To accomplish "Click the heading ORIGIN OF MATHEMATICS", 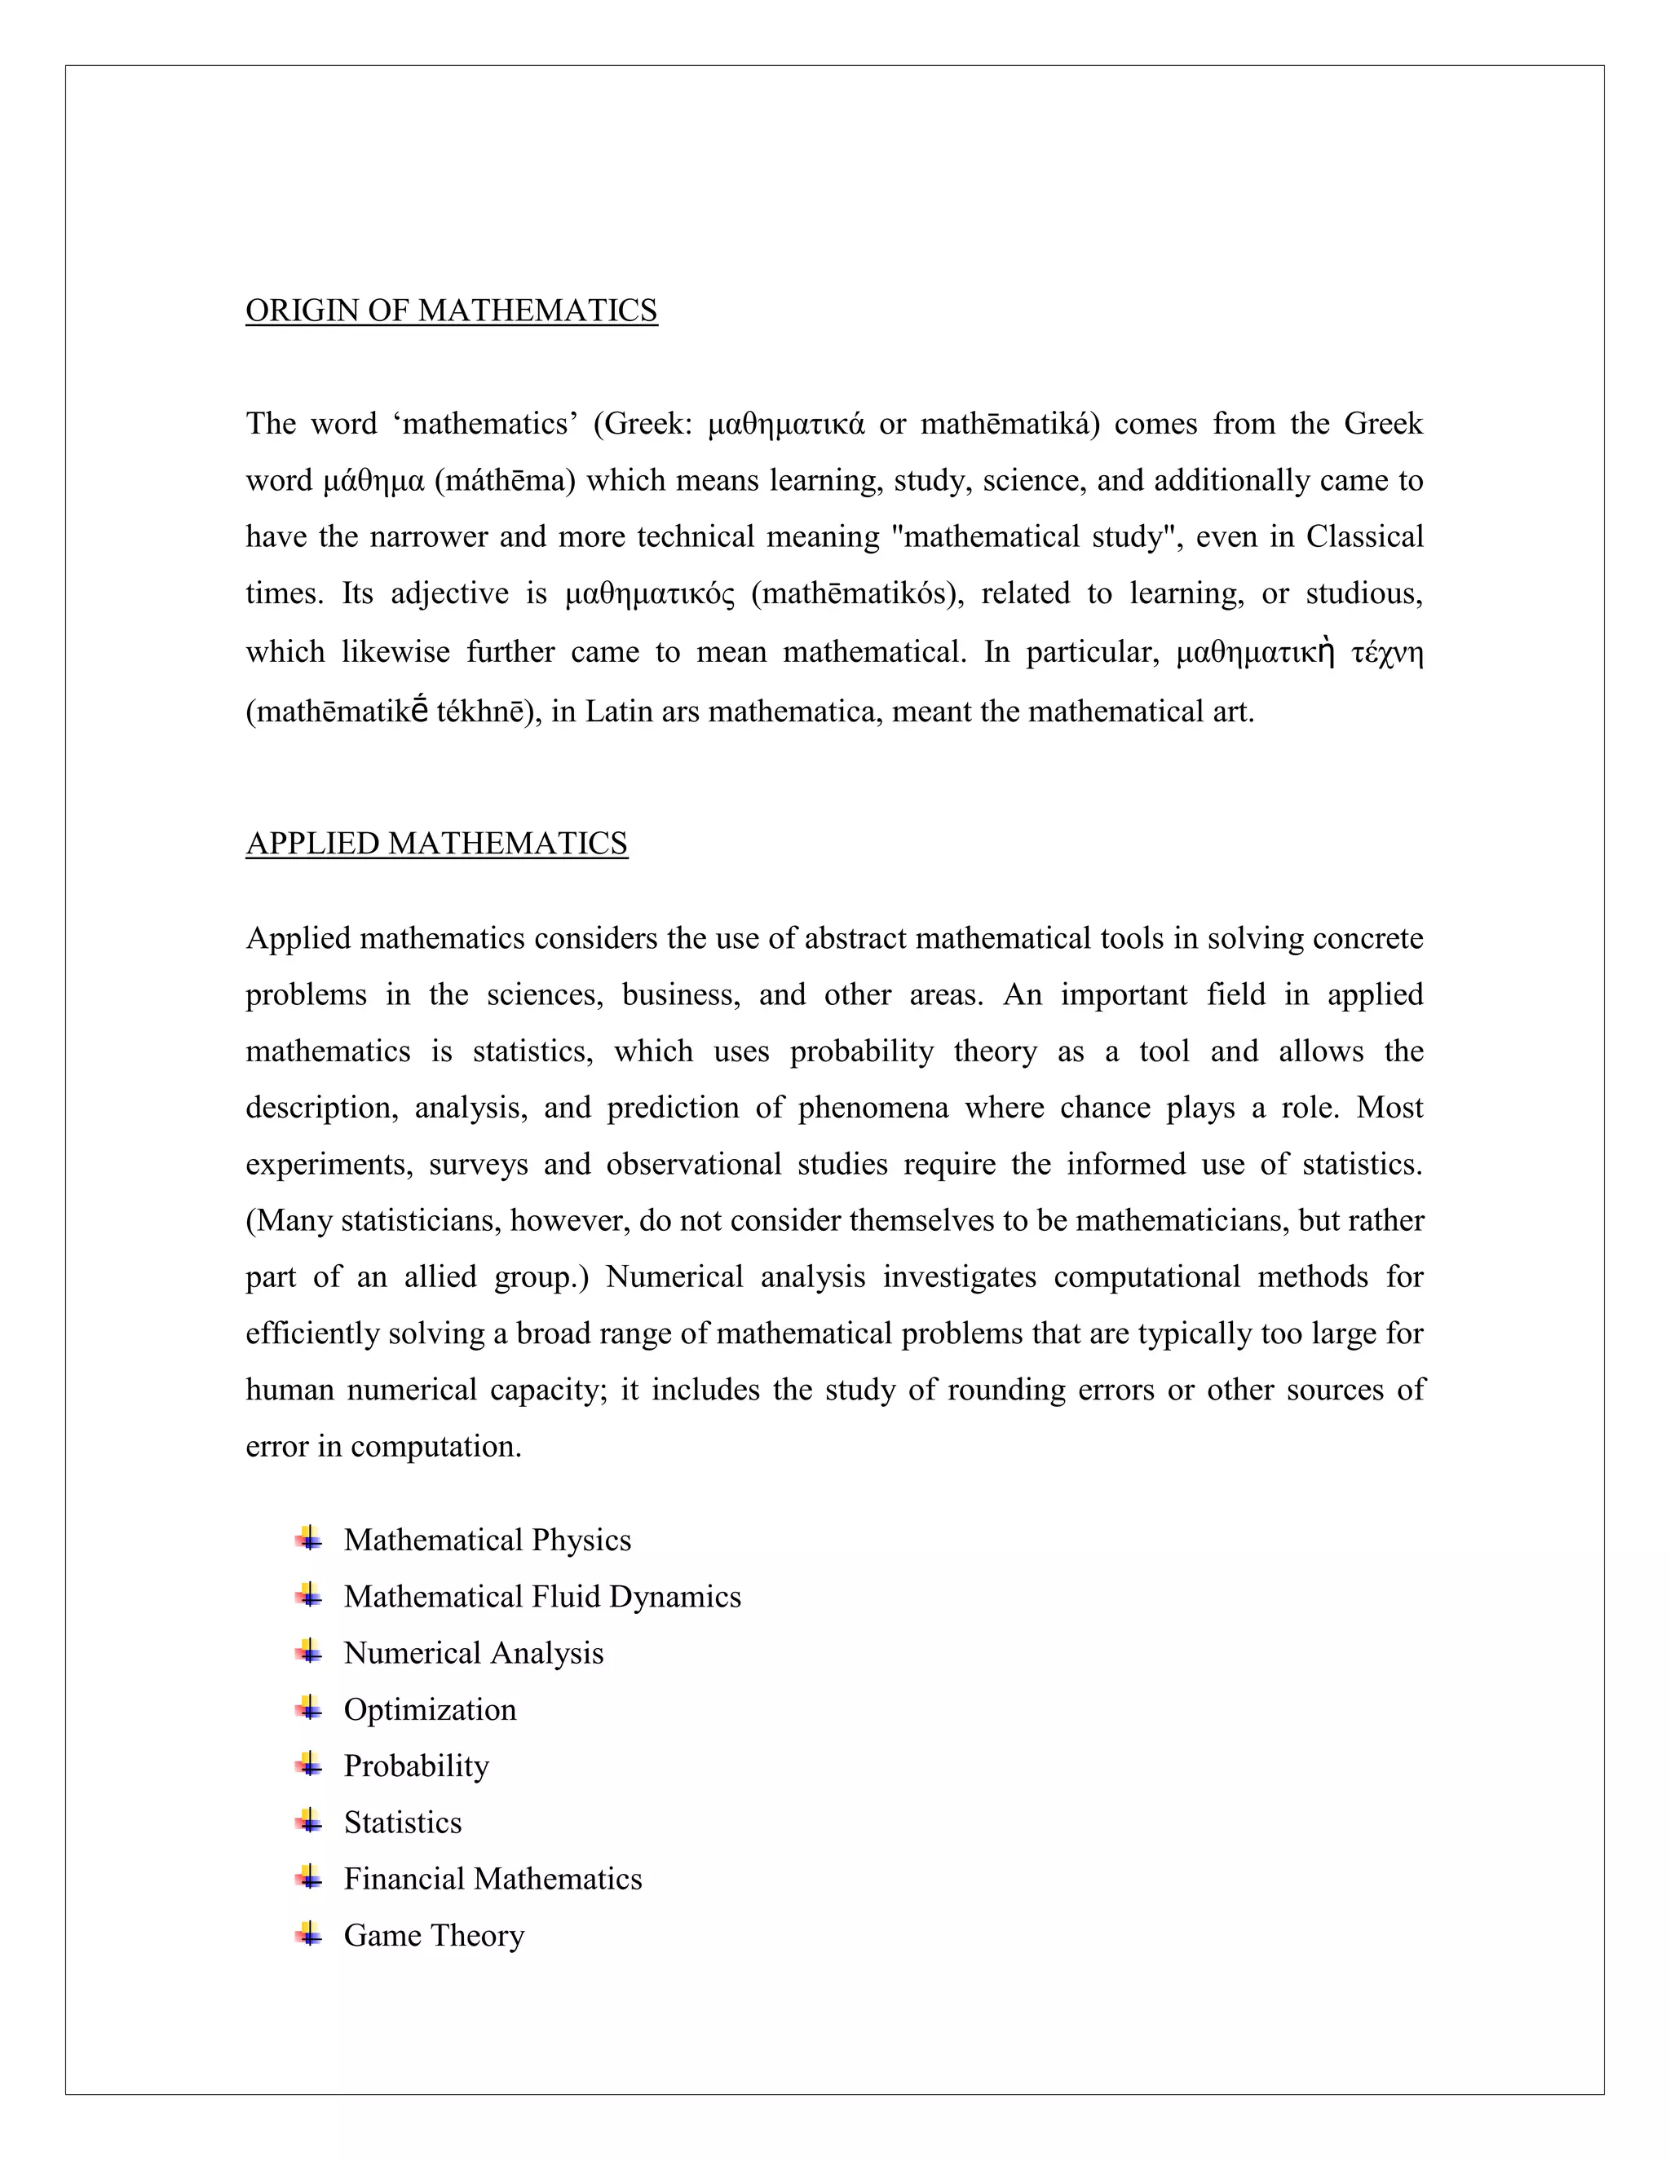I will [451, 311].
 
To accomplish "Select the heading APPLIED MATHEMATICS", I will [436, 844].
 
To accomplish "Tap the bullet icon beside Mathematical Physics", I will [309, 1539].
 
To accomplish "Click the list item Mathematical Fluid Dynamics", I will [541, 1596].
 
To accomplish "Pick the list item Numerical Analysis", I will [473, 1653].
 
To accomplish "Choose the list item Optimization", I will [430, 1709].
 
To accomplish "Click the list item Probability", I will [416, 1765].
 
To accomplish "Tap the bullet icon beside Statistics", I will [309, 1821].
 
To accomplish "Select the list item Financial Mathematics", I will [492, 1878].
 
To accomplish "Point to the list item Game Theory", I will [433, 1934].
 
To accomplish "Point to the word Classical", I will [1364, 537].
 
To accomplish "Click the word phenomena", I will [873, 1108].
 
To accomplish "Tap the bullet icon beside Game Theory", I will [309, 1933].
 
